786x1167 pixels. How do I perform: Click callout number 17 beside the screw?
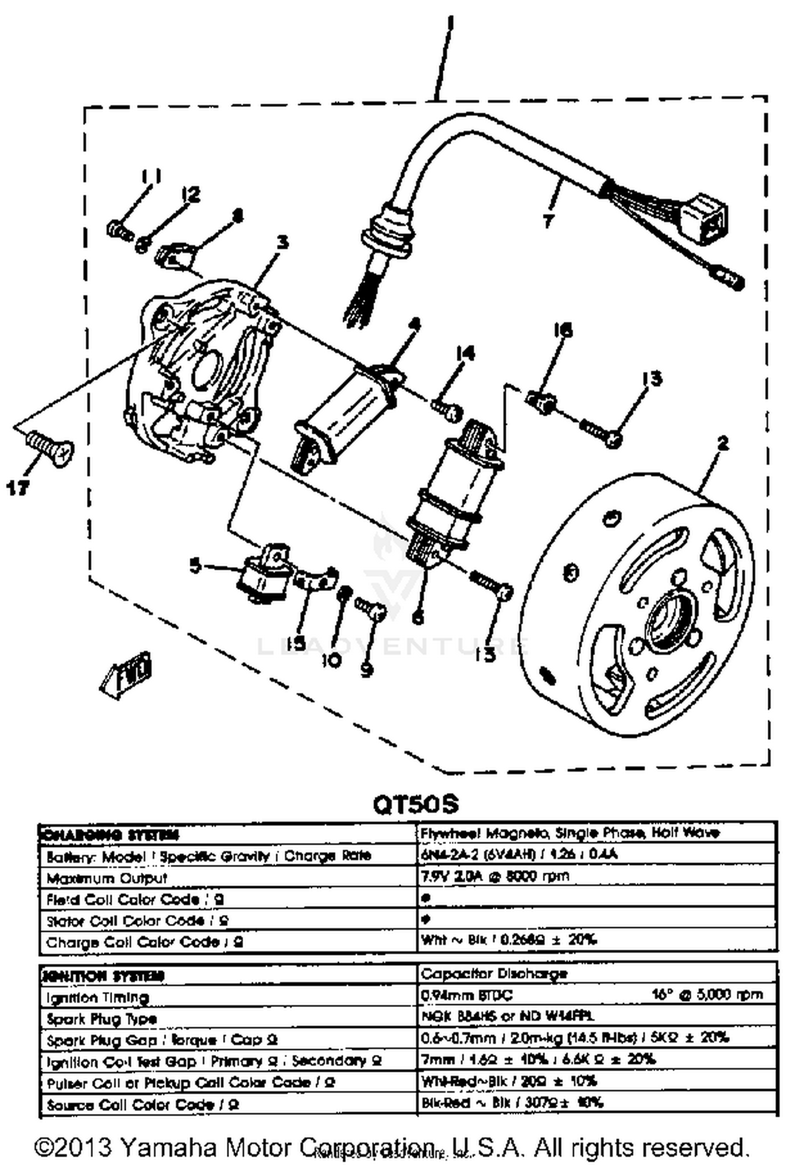tap(17, 488)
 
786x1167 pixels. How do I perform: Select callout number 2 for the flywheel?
tap(723, 444)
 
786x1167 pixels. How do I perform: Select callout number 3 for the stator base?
tap(282, 242)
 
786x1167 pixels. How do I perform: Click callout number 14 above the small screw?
tap(465, 354)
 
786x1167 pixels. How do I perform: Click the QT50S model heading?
tap(416, 804)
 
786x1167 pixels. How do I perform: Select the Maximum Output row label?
tap(107, 878)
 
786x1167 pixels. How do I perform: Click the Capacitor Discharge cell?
tap(494, 974)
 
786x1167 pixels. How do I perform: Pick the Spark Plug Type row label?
tap(102, 1019)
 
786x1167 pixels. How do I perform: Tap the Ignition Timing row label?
tap(97, 997)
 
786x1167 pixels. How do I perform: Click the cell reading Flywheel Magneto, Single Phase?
tap(570, 833)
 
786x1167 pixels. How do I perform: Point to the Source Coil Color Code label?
tap(143, 1105)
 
